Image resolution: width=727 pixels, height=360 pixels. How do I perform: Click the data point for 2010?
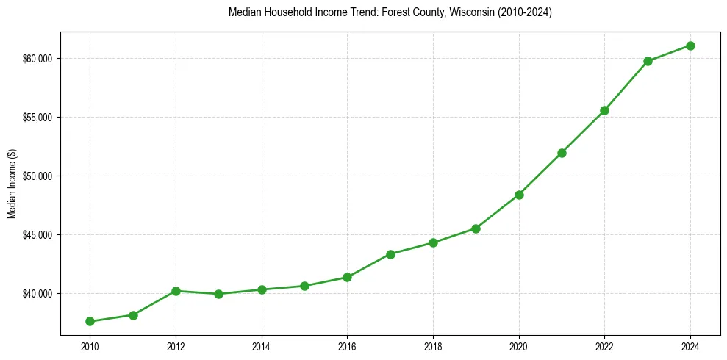click(90, 321)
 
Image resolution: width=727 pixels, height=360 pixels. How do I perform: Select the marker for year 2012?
click(176, 291)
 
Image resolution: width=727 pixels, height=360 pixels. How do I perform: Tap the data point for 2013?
click(218, 294)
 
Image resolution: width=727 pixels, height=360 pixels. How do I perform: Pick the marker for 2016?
click(347, 277)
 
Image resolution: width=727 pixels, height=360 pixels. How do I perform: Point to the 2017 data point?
click(390, 254)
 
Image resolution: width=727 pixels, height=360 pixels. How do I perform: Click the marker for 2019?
click(476, 228)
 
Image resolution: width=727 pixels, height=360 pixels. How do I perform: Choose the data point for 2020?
click(519, 195)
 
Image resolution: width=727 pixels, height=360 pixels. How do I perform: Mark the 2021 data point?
click(562, 153)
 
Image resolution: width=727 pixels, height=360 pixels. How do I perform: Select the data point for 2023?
click(648, 61)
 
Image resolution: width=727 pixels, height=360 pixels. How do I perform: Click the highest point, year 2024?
click(691, 46)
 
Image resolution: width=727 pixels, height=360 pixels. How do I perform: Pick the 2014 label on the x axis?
click(262, 346)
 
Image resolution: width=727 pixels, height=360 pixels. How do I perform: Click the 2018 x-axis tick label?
click(433, 346)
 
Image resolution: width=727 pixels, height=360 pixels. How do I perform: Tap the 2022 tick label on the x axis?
click(605, 346)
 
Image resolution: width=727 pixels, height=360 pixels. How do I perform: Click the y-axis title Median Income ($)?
click(12, 185)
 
